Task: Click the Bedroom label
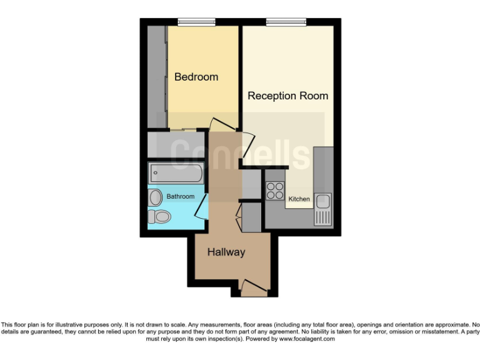tap(196, 77)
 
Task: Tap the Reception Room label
tap(287, 96)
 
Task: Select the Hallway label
tap(226, 252)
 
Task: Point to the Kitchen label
tap(299, 199)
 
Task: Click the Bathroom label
tap(180, 196)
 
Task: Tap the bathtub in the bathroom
tap(176, 172)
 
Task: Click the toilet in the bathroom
tap(159, 216)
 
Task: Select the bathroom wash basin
tap(156, 197)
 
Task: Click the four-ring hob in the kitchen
tap(275, 190)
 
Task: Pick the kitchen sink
tap(323, 201)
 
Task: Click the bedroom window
tap(196, 22)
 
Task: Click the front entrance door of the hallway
tap(253, 289)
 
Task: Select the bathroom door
tap(201, 206)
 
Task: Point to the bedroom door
tap(222, 124)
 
